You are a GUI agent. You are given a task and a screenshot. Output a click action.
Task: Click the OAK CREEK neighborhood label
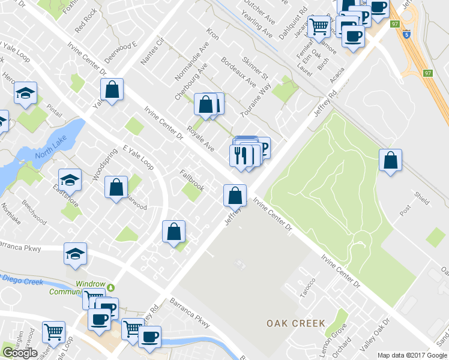pos(296,323)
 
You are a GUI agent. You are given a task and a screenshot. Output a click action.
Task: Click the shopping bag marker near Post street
pos(390,160)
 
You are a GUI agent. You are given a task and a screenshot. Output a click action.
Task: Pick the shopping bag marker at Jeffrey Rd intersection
pos(235,195)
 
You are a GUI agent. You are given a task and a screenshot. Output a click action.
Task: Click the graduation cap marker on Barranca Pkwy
pos(76,253)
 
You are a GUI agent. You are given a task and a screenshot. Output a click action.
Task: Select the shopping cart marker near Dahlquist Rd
pos(319,26)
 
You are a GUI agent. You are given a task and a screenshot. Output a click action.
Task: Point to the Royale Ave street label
pos(200,139)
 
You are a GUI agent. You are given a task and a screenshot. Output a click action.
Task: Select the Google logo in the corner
pos(20,353)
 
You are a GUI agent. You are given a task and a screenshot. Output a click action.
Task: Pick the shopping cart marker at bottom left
pos(54,332)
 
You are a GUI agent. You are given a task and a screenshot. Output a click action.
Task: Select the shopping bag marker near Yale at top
pos(112,90)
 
